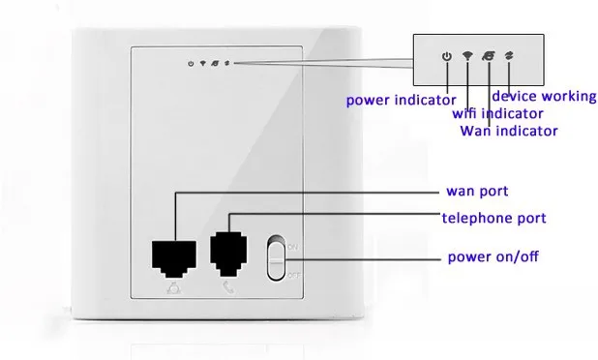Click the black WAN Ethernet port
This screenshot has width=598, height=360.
pos(174,258)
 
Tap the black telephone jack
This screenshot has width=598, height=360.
pos(228,254)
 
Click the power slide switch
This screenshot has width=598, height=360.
pos(276,257)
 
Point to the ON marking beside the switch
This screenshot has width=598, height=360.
pos(292,247)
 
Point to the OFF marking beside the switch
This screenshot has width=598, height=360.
pos(293,275)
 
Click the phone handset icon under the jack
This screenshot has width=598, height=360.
pos(228,287)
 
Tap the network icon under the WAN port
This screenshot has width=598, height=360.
pos(174,287)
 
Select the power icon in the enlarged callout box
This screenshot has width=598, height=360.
pos(447,56)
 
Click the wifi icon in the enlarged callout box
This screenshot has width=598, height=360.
pos(467,56)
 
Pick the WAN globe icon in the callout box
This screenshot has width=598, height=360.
pos(489,56)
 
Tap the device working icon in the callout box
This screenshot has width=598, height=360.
pos(509,56)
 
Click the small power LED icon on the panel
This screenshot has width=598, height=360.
pos(191,64)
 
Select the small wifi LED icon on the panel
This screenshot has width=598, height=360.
pos(203,63)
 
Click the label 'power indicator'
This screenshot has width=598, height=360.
pos(401,101)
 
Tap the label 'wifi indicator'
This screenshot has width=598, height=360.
pos(497,113)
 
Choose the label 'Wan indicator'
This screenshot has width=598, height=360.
pos(509,131)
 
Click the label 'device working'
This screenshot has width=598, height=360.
pos(544,96)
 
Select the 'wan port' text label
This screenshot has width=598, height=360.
pos(477,191)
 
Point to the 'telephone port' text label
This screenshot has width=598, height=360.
pos(493,218)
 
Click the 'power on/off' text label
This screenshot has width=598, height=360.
pos(493,256)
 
